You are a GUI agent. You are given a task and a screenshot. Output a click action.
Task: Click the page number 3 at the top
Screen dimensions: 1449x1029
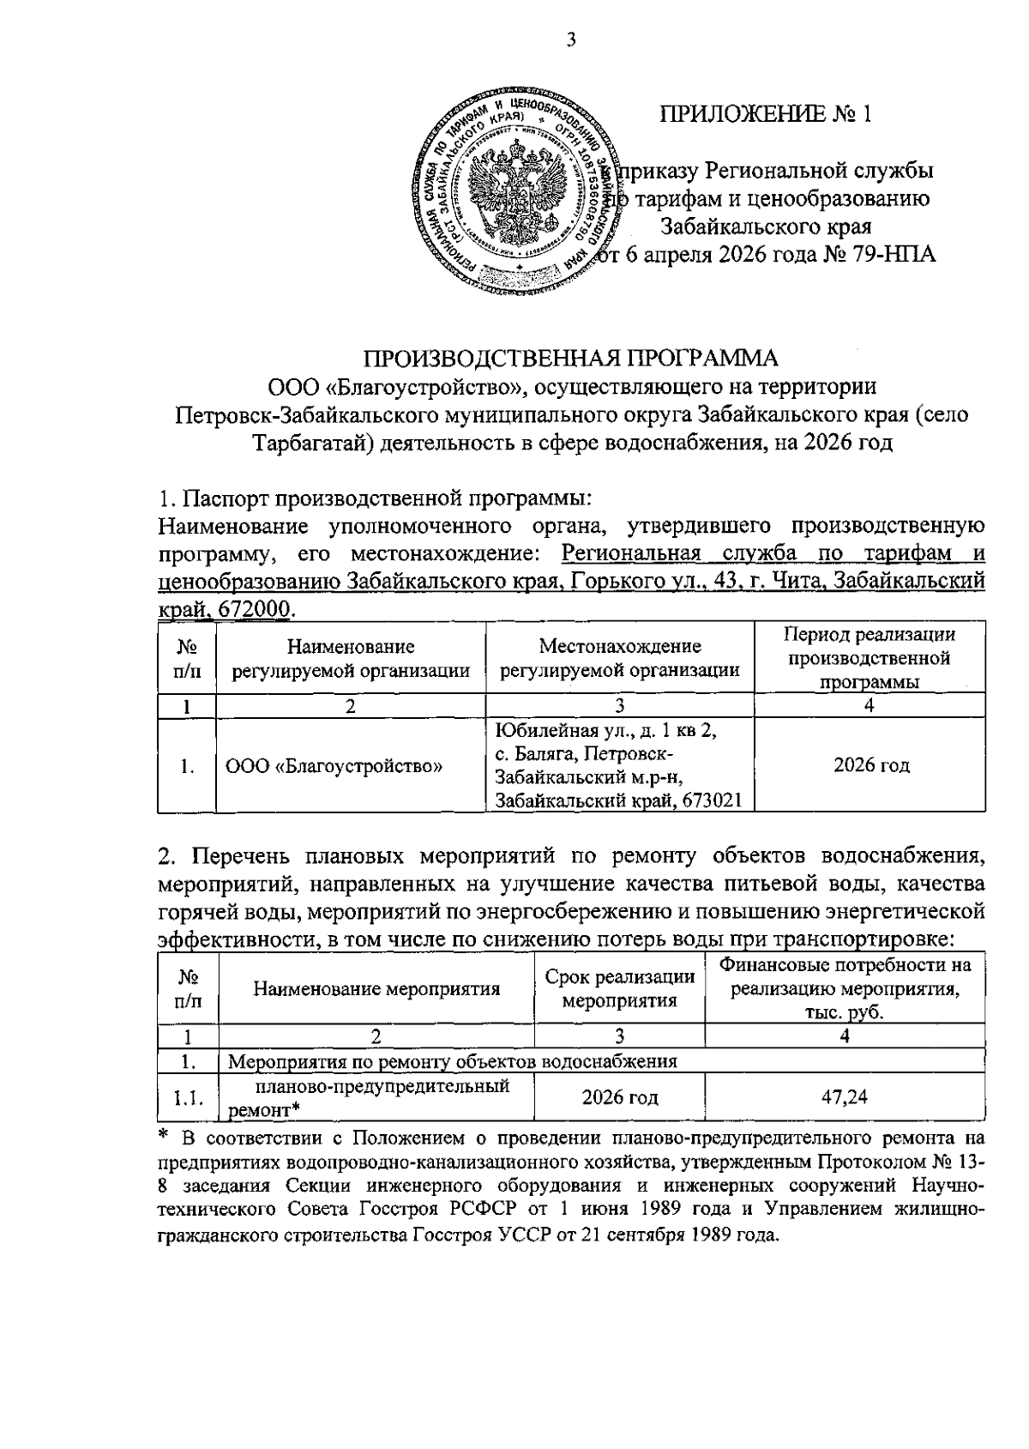569,40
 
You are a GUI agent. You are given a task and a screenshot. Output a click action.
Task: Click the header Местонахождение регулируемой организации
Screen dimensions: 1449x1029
620,658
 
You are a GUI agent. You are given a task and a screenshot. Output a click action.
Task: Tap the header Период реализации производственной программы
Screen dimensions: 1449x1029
870,658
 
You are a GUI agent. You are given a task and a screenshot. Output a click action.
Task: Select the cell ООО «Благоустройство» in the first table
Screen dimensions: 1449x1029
334,765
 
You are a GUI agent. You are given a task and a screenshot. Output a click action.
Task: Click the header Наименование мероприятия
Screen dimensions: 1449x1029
376,988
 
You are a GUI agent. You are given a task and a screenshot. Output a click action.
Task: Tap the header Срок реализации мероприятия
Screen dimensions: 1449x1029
619,988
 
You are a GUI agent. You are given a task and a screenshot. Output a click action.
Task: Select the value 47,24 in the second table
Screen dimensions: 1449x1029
844,1096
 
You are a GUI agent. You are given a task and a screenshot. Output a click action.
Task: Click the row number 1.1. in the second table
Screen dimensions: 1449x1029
188,1097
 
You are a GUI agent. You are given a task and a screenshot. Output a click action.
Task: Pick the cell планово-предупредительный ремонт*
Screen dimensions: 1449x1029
376,1097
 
